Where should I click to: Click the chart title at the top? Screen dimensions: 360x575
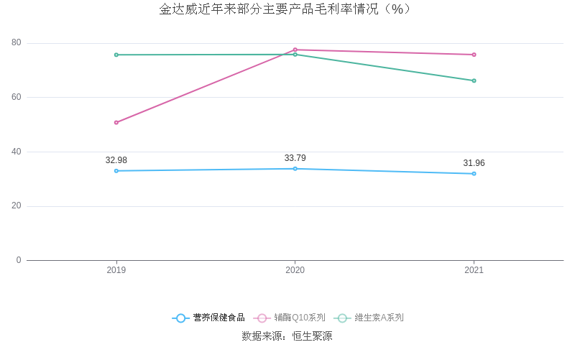(285, 9)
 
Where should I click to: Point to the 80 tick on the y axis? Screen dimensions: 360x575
(17, 43)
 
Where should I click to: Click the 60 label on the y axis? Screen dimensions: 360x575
(17, 97)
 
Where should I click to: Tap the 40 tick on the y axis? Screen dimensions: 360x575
(17, 152)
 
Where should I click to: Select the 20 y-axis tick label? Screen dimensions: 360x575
(17, 206)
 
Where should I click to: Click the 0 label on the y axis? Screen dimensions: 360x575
(19, 260)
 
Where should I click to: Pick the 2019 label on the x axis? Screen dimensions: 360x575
(116, 270)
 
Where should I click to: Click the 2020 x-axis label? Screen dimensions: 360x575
(295, 270)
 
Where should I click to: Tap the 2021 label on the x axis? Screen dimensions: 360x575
(474, 270)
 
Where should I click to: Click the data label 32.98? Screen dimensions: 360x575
(116, 160)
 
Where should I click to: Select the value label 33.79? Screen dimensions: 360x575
(295, 158)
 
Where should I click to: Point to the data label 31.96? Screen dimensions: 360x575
(474, 163)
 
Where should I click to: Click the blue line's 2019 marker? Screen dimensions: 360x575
(116, 170)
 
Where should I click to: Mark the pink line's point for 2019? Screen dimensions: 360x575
(116, 122)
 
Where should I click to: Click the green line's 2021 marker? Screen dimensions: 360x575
(474, 80)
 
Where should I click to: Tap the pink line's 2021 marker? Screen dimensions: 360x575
(474, 55)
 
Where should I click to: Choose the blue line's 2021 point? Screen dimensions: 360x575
(474, 173)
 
